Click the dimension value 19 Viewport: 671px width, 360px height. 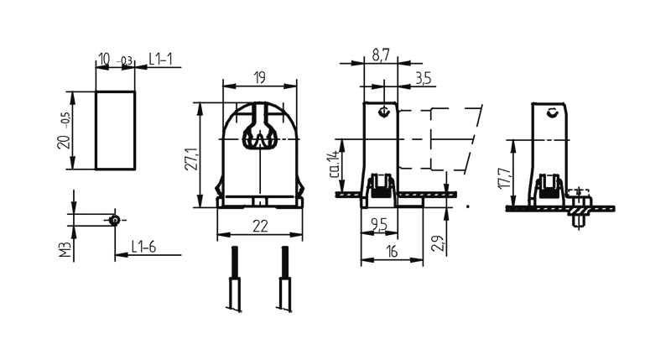pos(259,78)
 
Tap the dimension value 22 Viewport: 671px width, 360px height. pos(259,224)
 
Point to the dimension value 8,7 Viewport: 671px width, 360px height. pos(380,55)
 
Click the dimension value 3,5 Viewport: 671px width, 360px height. pos(423,78)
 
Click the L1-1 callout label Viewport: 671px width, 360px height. pos(161,59)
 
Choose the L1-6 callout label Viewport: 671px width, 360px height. pos(143,248)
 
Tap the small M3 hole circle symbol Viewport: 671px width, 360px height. pos(114,220)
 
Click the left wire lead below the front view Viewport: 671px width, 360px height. pos(234,279)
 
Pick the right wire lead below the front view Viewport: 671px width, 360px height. pos(284,279)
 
